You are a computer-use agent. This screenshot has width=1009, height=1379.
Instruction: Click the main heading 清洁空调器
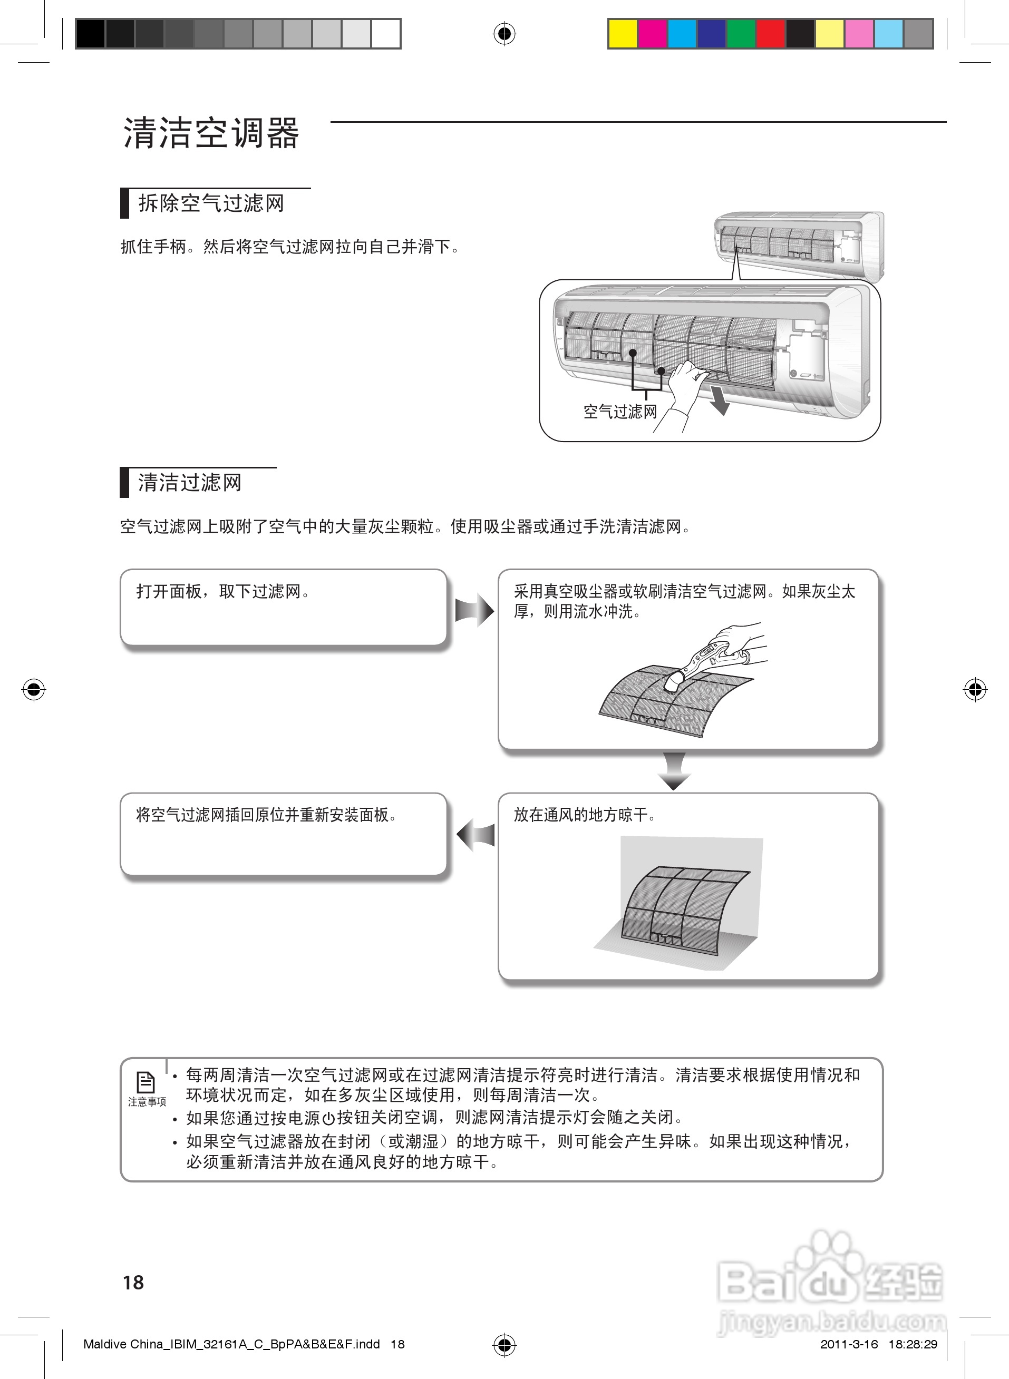click(211, 133)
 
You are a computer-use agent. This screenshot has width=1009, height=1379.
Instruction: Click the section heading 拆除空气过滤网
click(211, 203)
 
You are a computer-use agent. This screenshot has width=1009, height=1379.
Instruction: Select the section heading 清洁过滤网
click(189, 483)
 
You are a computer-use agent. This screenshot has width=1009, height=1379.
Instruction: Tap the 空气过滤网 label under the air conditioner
click(620, 412)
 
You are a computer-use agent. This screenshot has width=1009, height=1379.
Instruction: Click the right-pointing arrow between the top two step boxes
click(474, 610)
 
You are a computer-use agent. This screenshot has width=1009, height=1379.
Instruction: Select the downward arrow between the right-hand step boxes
click(674, 771)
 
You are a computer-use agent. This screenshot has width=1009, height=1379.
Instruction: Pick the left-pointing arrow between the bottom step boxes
click(475, 835)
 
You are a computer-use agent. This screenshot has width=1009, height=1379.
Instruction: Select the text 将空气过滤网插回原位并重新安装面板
click(266, 815)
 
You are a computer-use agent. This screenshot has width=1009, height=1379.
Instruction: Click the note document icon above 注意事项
click(146, 1082)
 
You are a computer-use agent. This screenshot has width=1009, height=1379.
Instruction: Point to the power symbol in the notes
click(328, 1118)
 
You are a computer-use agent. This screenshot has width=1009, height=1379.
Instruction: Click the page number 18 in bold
click(133, 1283)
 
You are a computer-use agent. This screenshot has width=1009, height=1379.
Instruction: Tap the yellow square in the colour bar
click(623, 34)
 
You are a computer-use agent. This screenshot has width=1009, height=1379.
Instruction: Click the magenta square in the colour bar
click(652, 34)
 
